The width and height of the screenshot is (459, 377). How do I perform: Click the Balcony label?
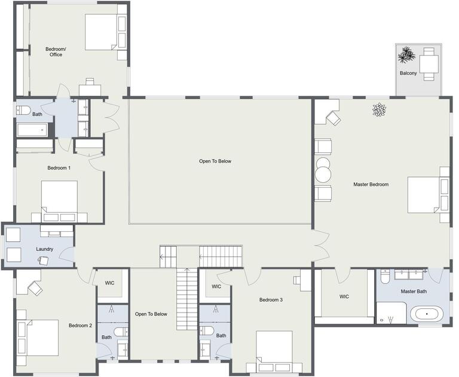coord(408,73)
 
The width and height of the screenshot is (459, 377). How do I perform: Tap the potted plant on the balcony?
coord(406,56)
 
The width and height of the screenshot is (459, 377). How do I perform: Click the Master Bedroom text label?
coord(371,185)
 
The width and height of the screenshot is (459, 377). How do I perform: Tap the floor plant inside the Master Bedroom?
coord(379,109)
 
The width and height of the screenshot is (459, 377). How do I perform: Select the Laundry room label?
coord(45,249)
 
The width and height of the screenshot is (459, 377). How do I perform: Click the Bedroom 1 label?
coord(59,168)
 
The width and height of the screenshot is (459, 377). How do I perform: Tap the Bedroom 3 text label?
coord(271,300)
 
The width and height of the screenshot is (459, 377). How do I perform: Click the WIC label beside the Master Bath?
coord(344,297)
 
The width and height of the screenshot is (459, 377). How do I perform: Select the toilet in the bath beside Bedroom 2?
coord(121,331)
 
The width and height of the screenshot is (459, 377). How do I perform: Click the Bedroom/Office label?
coord(55,51)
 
